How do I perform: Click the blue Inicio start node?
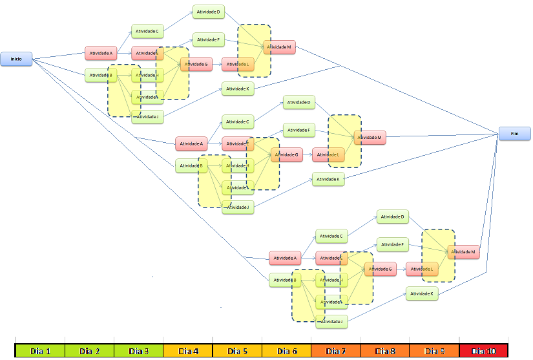tap(16, 59)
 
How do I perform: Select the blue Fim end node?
tap(514, 134)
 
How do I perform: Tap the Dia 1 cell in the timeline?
tap(40, 351)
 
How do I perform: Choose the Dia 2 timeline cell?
tap(89, 351)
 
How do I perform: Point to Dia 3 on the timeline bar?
tap(138, 351)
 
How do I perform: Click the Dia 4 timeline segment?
tap(187, 351)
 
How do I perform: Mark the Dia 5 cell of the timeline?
tap(237, 351)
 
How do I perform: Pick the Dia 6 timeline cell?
tap(286, 351)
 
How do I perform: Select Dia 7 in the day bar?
tap(335, 351)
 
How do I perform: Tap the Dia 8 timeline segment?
tap(384, 351)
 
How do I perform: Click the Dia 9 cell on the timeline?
tap(434, 351)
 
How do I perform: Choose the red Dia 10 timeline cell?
tap(483, 351)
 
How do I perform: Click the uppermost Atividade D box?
tap(209, 12)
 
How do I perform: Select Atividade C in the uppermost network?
tap(148, 30)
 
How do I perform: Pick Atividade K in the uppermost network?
tap(238, 88)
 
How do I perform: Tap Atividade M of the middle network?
tap(370, 137)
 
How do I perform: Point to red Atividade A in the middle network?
tap(191, 143)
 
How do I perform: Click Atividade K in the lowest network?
tap(423, 293)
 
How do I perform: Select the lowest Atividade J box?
tap(332, 321)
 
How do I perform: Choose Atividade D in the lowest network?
tap(393, 217)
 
